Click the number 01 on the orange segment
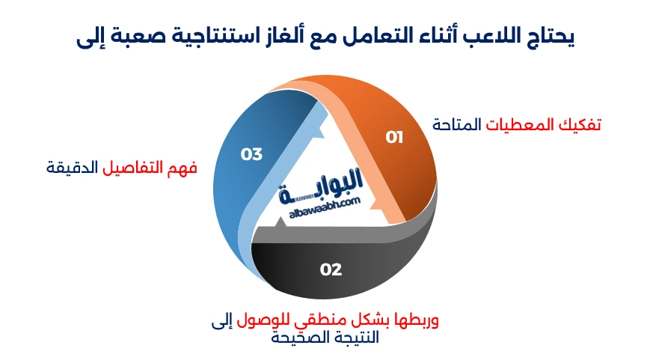pos(394,137)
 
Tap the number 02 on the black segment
pos(331,269)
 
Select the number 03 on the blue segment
pos(251,154)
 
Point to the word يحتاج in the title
pos(547,37)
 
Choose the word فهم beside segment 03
pos(183,167)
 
